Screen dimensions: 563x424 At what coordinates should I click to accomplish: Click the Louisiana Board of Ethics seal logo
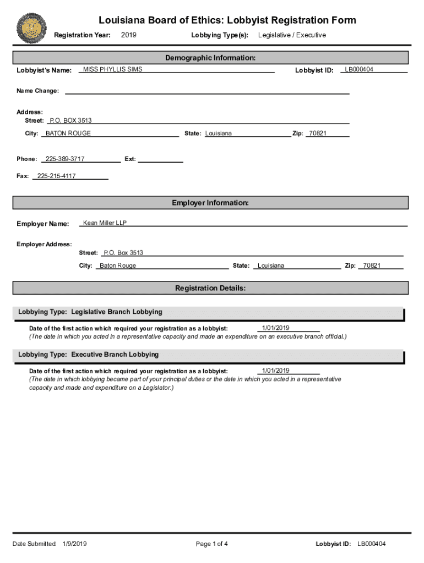(x=31, y=28)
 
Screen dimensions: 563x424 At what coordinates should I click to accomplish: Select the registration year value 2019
(x=128, y=35)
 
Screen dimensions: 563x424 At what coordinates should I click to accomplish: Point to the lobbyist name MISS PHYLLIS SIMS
(x=112, y=70)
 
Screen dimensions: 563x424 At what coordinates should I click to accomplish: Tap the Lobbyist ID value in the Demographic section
(x=359, y=70)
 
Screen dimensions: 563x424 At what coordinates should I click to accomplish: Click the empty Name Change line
(x=207, y=91)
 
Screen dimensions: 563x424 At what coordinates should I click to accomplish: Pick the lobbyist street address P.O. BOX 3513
(x=70, y=120)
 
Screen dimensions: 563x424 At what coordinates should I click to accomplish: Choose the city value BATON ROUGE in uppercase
(x=68, y=134)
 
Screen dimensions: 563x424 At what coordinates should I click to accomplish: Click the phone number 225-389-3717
(x=65, y=159)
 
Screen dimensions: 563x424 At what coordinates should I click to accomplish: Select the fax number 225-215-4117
(x=56, y=176)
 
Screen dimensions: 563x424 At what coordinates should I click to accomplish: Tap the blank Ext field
(x=160, y=159)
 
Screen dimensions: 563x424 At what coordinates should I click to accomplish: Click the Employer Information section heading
(x=210, y=203)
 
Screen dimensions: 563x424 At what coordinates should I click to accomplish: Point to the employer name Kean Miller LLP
(x=105, y=223)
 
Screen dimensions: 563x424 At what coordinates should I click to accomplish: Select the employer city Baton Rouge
(x=118, y=266)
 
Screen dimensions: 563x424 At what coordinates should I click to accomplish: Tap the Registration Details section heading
(x=210, y=288)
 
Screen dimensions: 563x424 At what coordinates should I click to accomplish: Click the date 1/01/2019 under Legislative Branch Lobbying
(x=276, y=328)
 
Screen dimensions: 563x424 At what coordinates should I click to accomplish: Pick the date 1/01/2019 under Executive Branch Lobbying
(x=276, y=371)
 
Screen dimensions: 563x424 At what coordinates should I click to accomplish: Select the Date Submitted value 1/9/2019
(x=75, y=544)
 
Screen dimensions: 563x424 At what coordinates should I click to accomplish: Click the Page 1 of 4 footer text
(x=212, y=544)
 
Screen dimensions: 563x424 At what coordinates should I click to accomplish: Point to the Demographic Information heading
(x=210, y=58)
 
